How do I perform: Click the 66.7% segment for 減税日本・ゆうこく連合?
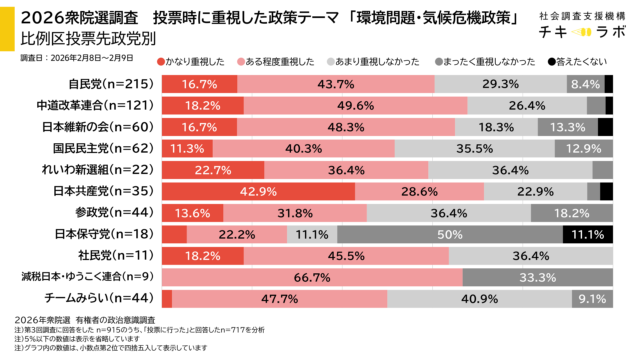(311, 277)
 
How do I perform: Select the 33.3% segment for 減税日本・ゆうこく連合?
(538, 277)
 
